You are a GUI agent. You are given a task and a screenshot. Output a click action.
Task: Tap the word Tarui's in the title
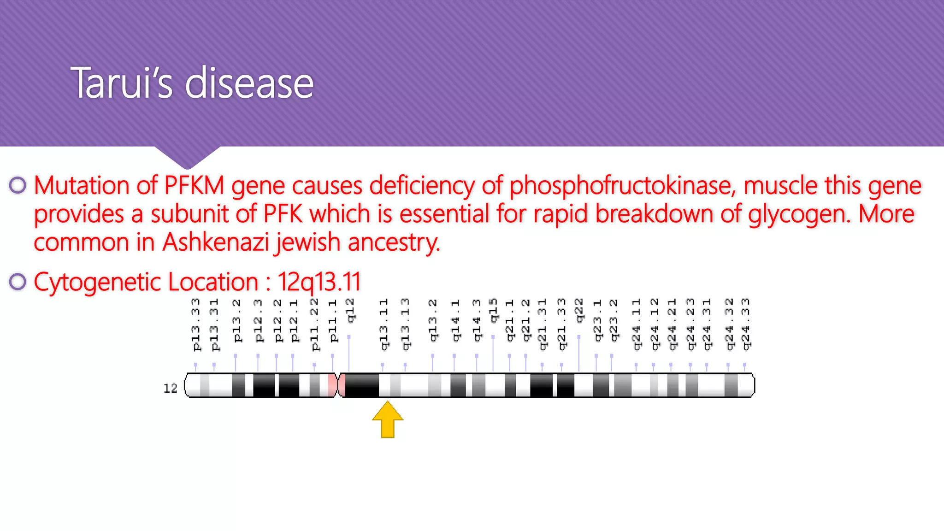tap(121, 83)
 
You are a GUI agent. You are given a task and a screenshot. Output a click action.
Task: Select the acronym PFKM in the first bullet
tap(194, 186)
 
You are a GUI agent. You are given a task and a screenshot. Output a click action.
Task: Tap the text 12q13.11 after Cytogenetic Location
tap(319, 282)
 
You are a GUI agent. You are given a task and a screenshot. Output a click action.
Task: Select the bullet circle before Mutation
tap(18, 185)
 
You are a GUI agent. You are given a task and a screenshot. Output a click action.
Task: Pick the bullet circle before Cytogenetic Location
tap(18, 282)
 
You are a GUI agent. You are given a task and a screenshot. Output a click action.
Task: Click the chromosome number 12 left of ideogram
tap(170, 389)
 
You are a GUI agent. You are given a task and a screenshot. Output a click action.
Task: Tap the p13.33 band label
tap(196, 324)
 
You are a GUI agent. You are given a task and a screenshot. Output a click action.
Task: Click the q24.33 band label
tap(745, 324)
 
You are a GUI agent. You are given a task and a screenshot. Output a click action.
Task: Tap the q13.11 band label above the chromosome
tap(383, 324)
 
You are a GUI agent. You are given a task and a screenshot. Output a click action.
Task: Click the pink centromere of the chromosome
tap(337, 385)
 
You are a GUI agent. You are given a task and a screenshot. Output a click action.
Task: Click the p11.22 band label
tap(314, 324)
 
